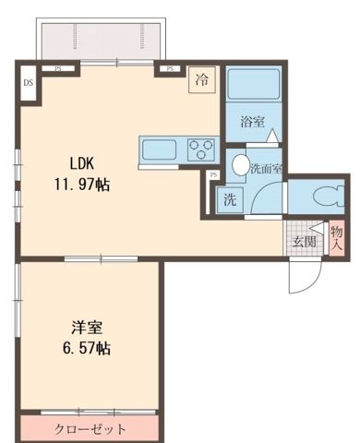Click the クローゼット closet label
point(90,429)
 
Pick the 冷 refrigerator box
point(201,80)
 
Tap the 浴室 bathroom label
point(253,122)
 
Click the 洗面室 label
point(266,169)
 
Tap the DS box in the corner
point(27,82)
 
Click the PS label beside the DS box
point(57,68)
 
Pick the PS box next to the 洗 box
point(213,175)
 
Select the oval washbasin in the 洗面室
point(239,165)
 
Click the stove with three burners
point(201,148)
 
